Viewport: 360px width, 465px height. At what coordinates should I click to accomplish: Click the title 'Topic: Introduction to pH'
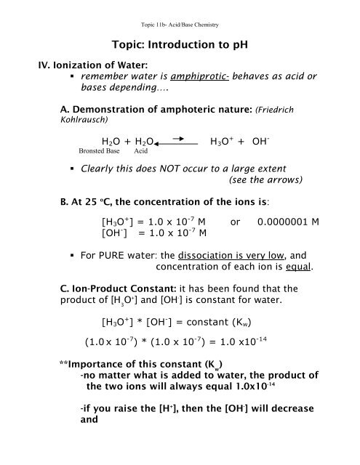[x=180, y=45]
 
